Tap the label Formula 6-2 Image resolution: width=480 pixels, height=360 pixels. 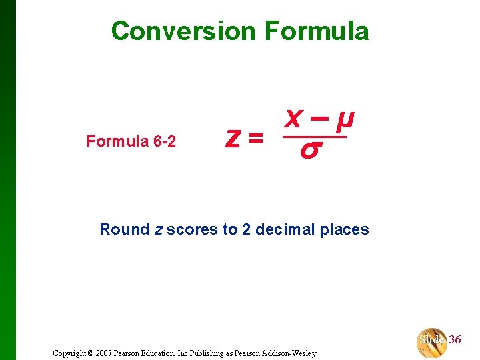[x=131, y=141]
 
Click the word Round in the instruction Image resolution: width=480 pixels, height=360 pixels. [x=125, y=229]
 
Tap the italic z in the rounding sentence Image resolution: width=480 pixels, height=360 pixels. [x=159, y=230]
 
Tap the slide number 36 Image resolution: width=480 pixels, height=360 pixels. [x=455, y=339]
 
